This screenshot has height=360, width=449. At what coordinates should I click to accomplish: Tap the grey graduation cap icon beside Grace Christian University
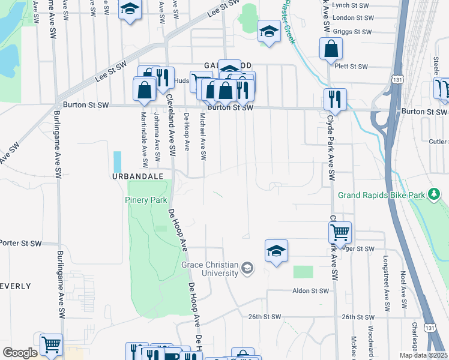pos(247,268)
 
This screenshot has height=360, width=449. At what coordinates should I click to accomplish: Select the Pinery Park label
pos(146,200)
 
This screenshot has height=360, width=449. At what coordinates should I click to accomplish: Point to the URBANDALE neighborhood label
pos(136,177)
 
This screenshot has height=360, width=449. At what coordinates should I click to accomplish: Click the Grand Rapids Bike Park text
pos(381,195)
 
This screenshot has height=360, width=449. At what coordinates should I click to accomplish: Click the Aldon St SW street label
pos(311,290)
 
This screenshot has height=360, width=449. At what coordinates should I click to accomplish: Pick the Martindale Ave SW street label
pos(144,140)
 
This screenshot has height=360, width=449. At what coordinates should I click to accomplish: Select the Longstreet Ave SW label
pos(387,284)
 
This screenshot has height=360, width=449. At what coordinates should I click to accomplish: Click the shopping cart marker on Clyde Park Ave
pos(340,232)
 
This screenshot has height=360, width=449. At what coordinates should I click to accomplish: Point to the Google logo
pos(19,353)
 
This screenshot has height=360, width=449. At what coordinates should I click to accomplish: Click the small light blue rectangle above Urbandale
pos(117,161)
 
